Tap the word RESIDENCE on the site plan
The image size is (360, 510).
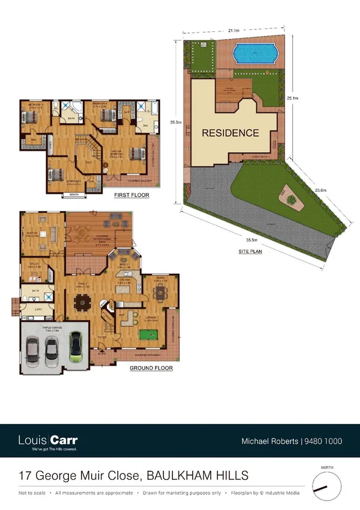[230, 133]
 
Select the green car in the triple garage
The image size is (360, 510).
[76, 347]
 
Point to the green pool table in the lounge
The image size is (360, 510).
[148, 330]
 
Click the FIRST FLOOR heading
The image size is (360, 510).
[132, 195]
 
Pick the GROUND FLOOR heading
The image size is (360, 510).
[151, 367]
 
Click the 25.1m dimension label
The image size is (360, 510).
[293, 97]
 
